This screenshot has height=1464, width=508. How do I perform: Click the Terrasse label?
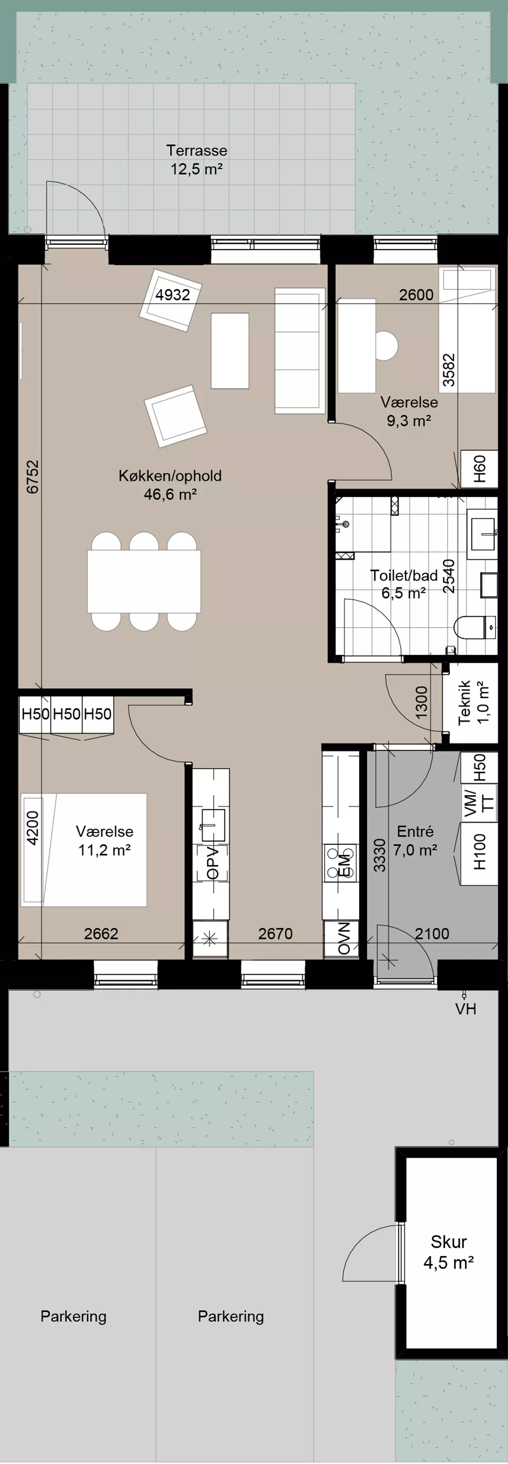196,150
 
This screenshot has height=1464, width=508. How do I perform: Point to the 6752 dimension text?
33,476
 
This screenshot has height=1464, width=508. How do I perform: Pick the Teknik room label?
464,702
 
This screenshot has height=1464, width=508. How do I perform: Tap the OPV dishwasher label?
212,863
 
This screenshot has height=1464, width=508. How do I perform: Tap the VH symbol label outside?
465,1009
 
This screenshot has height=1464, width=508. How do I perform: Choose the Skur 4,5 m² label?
449,1252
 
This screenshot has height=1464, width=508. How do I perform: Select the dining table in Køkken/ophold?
144,581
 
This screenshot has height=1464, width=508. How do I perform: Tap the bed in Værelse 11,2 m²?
84,850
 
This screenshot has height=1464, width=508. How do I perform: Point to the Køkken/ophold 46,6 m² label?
170,485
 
